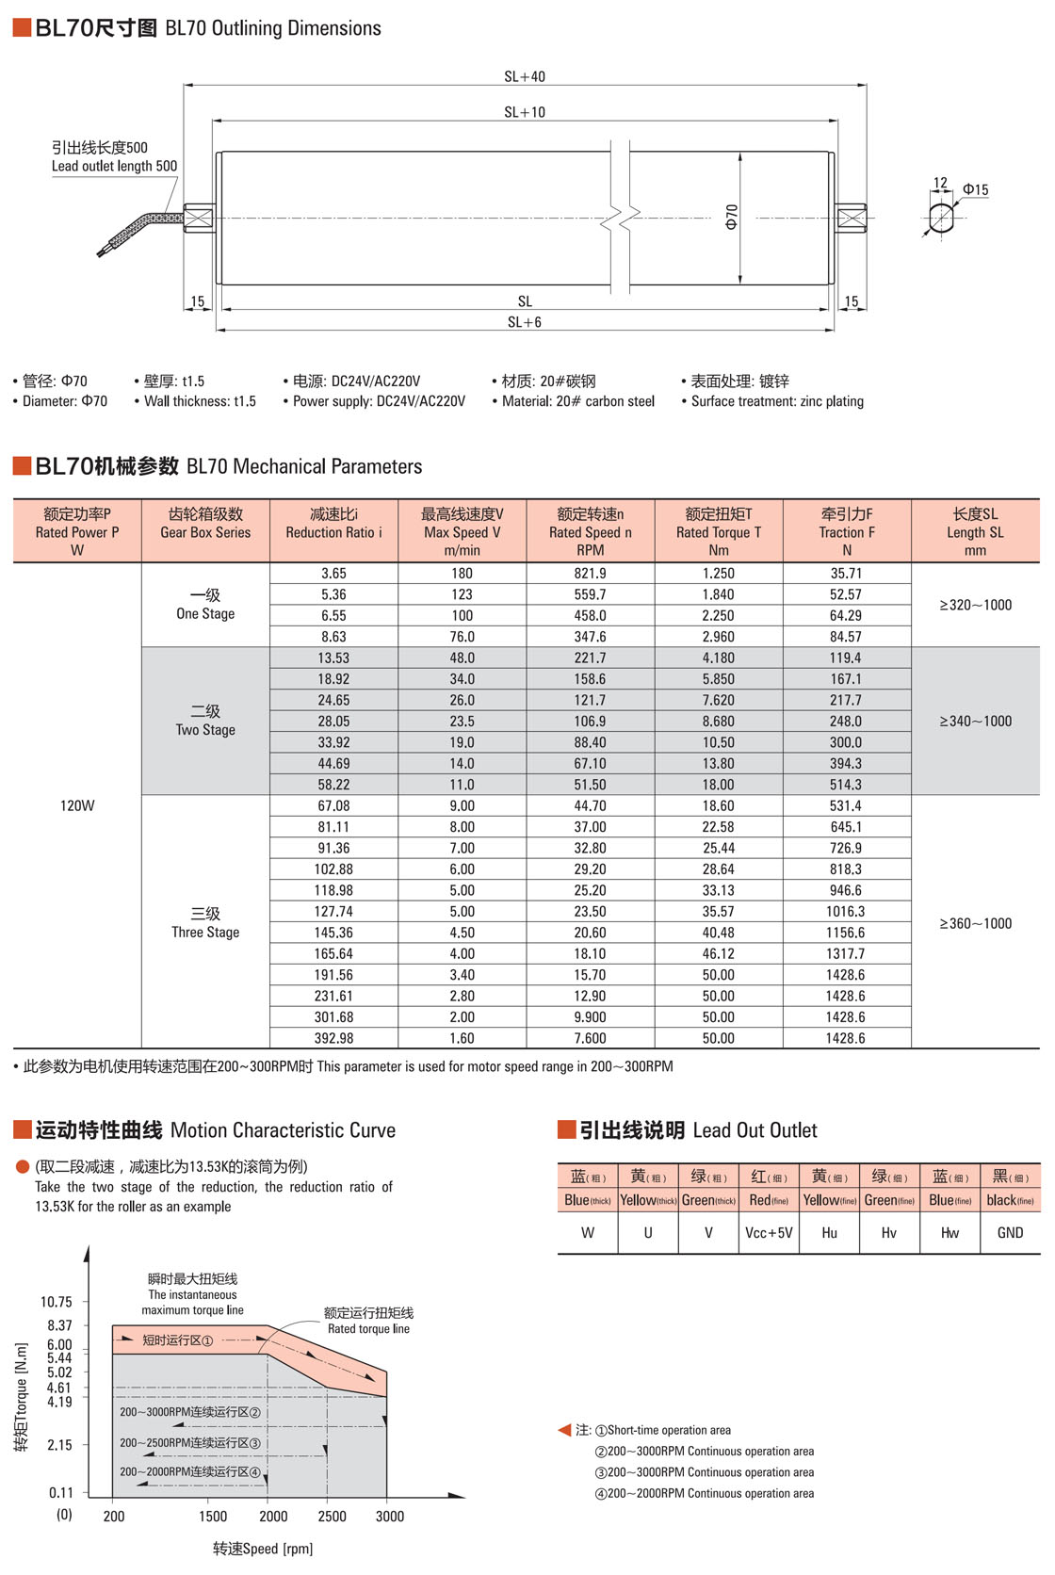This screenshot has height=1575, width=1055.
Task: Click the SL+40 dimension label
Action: [525, 76]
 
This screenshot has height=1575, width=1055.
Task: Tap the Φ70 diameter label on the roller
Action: [732, 217]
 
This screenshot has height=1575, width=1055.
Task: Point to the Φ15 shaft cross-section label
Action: [975, 189]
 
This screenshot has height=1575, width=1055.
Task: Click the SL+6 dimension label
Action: [525, 322]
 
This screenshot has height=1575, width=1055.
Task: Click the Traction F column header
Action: [847, 531]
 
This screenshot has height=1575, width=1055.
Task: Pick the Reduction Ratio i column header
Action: [333, 531]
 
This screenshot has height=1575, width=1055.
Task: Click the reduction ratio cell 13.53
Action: [333, 658]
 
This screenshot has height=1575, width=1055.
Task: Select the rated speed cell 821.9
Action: [591, 573]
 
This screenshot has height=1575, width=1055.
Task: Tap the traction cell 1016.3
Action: [846, 911]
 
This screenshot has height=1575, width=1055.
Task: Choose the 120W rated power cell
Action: [77, 805]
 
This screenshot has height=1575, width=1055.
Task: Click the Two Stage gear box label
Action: [205, 721]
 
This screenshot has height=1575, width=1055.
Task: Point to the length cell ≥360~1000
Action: [975, 923]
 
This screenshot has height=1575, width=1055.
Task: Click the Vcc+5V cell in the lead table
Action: [769, 1232]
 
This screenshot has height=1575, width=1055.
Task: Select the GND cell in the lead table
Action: [1010, 1232]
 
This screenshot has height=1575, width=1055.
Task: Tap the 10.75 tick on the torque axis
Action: [57, 1302]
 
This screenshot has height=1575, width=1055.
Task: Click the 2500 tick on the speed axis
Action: [332, 1516]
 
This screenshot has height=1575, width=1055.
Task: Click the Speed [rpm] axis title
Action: [263, 1549]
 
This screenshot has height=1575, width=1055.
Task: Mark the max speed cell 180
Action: [462, 573]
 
